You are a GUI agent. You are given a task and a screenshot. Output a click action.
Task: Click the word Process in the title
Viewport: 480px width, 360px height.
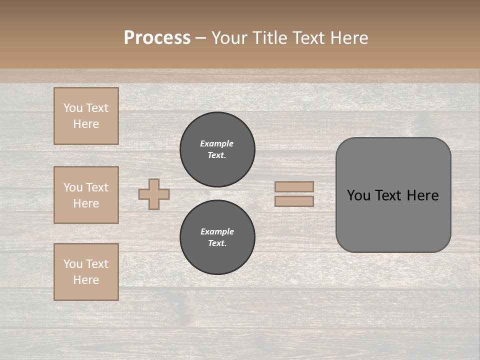click(157, 38)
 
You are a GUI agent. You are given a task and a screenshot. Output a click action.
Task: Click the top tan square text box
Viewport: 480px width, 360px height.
click(86, 116)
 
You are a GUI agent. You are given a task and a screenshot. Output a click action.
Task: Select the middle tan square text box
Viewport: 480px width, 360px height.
click(86, 195)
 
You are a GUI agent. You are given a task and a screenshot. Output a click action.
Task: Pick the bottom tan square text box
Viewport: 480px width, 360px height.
click(86, 272)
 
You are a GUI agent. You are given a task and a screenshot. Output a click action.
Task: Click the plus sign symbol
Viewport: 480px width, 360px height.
click(154, 194)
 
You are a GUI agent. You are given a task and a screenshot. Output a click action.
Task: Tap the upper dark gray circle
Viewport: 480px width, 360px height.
click(217, 149)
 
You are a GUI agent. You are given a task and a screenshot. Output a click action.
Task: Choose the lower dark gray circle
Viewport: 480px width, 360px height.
click(217, 237)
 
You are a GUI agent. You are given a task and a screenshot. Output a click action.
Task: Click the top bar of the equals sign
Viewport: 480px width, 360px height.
click(294, 186)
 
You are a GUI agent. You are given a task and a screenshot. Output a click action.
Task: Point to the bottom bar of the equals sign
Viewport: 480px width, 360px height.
click(294, 201)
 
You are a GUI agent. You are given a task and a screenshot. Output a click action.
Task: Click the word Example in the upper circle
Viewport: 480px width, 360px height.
click(217, 143)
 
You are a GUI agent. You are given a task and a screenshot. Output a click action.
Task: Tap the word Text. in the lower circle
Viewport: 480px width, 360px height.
click(217, 243)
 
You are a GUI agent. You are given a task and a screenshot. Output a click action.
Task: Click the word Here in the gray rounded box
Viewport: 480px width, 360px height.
click(422, 195)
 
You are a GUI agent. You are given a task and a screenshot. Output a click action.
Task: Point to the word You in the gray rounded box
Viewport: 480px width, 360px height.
click(358, 195)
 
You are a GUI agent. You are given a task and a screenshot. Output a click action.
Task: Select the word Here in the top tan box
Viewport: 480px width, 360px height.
click(86, 124)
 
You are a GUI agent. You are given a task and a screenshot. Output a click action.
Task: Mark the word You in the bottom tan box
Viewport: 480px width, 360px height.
click(73, 264)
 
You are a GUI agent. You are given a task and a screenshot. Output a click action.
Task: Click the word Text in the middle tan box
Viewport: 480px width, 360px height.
click(97, 187)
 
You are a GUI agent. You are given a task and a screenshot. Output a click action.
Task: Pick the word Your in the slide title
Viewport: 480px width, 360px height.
click(230, 38)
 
